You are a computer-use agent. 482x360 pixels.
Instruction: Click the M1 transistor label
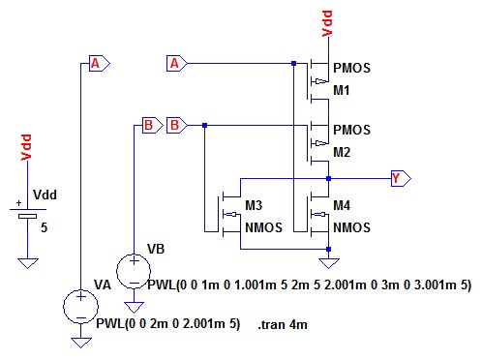click(x=342, y=90)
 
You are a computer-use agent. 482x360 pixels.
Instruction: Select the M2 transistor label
click(x=342, y=152)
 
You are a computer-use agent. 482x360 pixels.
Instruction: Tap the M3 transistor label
click(x=254, y=205)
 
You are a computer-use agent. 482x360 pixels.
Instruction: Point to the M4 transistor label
click(x=342, y=205)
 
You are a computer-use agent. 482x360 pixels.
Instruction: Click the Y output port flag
click(x=401, y=178)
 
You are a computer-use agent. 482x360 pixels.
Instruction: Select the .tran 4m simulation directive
click(x=283, y=324)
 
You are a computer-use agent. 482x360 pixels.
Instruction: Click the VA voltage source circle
click(x=80, y=307)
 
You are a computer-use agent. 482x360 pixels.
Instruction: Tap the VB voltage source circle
click(x=134, y=271)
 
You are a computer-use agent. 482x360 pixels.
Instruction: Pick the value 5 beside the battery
click(x=44, y=227)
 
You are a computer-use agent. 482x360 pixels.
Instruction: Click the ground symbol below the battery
click(x=28, y=263)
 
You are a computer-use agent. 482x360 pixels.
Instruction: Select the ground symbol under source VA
click(x=81, y=343)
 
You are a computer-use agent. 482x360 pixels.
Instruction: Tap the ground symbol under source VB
click(x=134, y=308)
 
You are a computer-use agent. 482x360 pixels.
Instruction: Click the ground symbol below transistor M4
click(x=329, y=263)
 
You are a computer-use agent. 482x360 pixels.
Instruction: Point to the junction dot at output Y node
click(x=328, y=178)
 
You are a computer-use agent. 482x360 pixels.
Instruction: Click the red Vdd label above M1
click(x=327, y=23)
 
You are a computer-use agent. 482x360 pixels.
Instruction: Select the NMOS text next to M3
click(x=263, y=227)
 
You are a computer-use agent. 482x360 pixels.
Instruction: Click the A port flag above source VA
click(x=100, y=64)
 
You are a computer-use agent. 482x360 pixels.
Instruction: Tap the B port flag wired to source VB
click(x=153, y=125)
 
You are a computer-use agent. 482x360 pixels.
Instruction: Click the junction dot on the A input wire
click(x=293, y=64)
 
